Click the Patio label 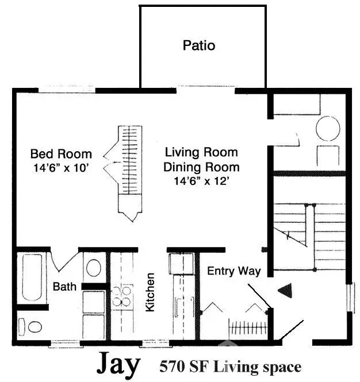(x=199, y=45)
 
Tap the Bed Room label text (x=61, y=154)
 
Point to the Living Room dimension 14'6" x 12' (x=201, y=181)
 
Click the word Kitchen (x=150, y=292)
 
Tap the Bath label (x=66, y=286)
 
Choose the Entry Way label (x=234, y=271)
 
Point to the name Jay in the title (x=118, y=364)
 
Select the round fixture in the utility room (x=328, y=129)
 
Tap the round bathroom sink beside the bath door (x=93, y=267)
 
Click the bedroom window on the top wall (x=66, y=90)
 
